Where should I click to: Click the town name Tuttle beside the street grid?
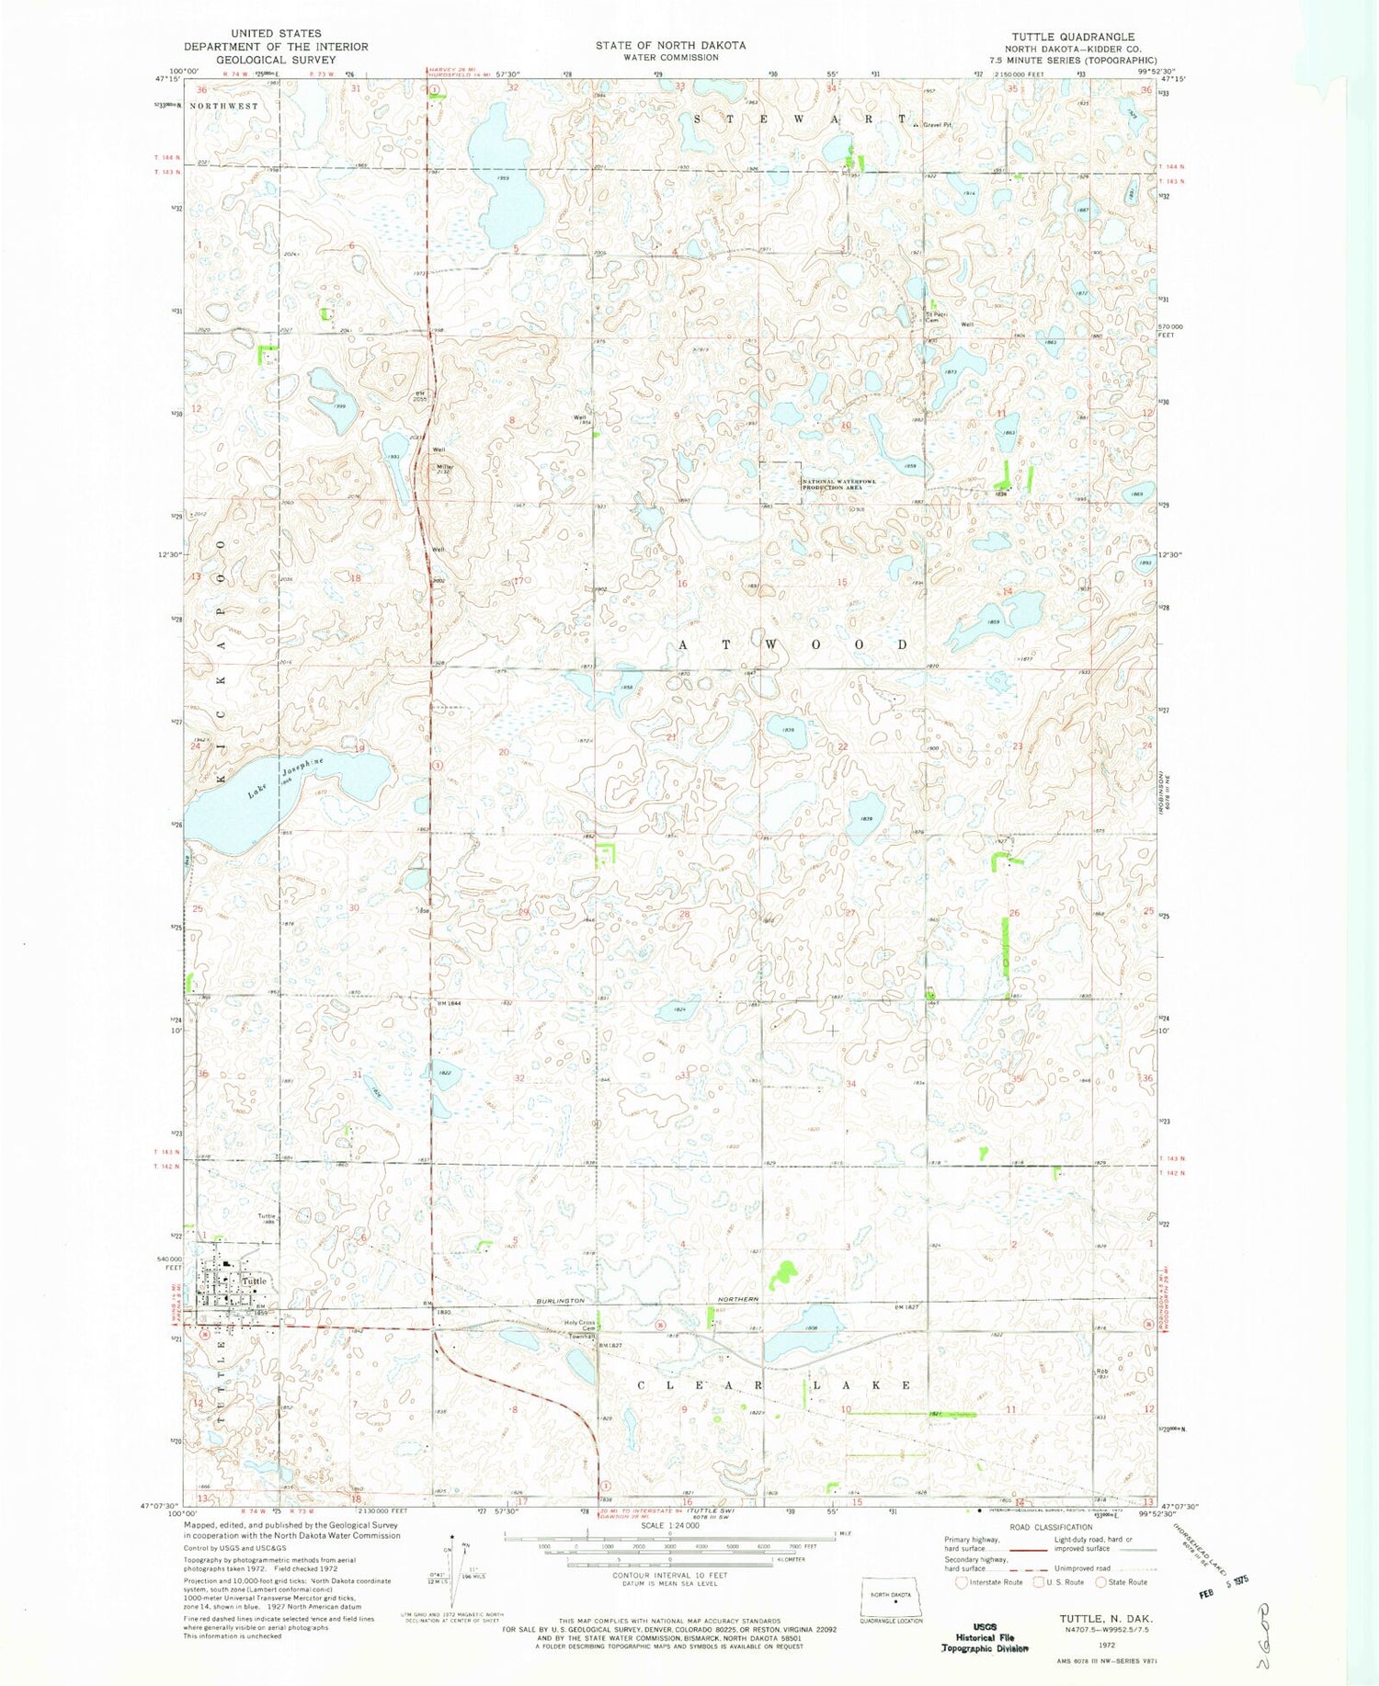[x=255, y=1281]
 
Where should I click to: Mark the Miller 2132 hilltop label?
[x=445, y=469]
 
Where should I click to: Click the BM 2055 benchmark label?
[x=420, y=396]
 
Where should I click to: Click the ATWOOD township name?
[x=793, y=644]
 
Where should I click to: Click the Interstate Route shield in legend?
[x=960, y=1582]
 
